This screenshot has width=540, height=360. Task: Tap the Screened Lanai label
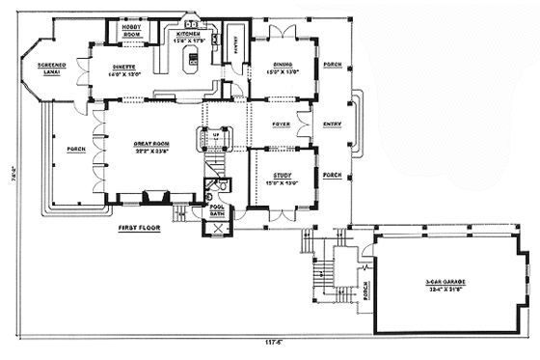[x=51, y=69]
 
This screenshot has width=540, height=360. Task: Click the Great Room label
[x=151, y=144]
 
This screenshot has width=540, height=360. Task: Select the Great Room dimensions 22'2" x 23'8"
[x=151, y=152]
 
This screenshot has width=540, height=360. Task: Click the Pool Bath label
[x=217, y=210]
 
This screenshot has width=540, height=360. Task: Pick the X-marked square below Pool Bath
[x=217, y=228]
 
